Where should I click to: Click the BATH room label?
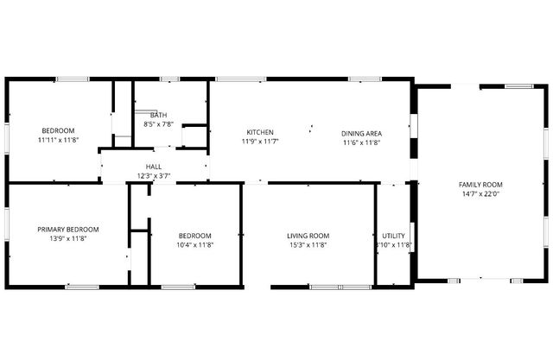coord(159,115)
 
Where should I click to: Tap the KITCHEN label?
coord(260,132)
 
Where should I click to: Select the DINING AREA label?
coord(361,133)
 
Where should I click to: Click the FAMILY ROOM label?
coord(480,185)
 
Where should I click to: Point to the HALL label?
coord(154,167)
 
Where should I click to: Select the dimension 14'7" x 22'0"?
coord(480,194)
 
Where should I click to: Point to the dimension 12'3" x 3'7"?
coord(154,176)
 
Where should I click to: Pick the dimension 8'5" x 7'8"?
coord(159,124)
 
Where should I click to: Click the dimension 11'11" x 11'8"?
coord(60,139)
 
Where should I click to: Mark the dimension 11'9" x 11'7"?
coord(260,142)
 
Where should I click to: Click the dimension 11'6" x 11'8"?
coord(361,142)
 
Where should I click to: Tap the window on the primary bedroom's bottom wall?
coord(83,286)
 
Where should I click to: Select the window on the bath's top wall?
coord(169,80)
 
